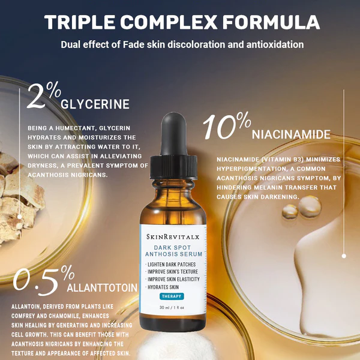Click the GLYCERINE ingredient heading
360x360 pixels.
point(95,104)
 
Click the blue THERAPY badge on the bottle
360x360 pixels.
point(172,296)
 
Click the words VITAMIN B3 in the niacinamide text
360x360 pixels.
point(287,159)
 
